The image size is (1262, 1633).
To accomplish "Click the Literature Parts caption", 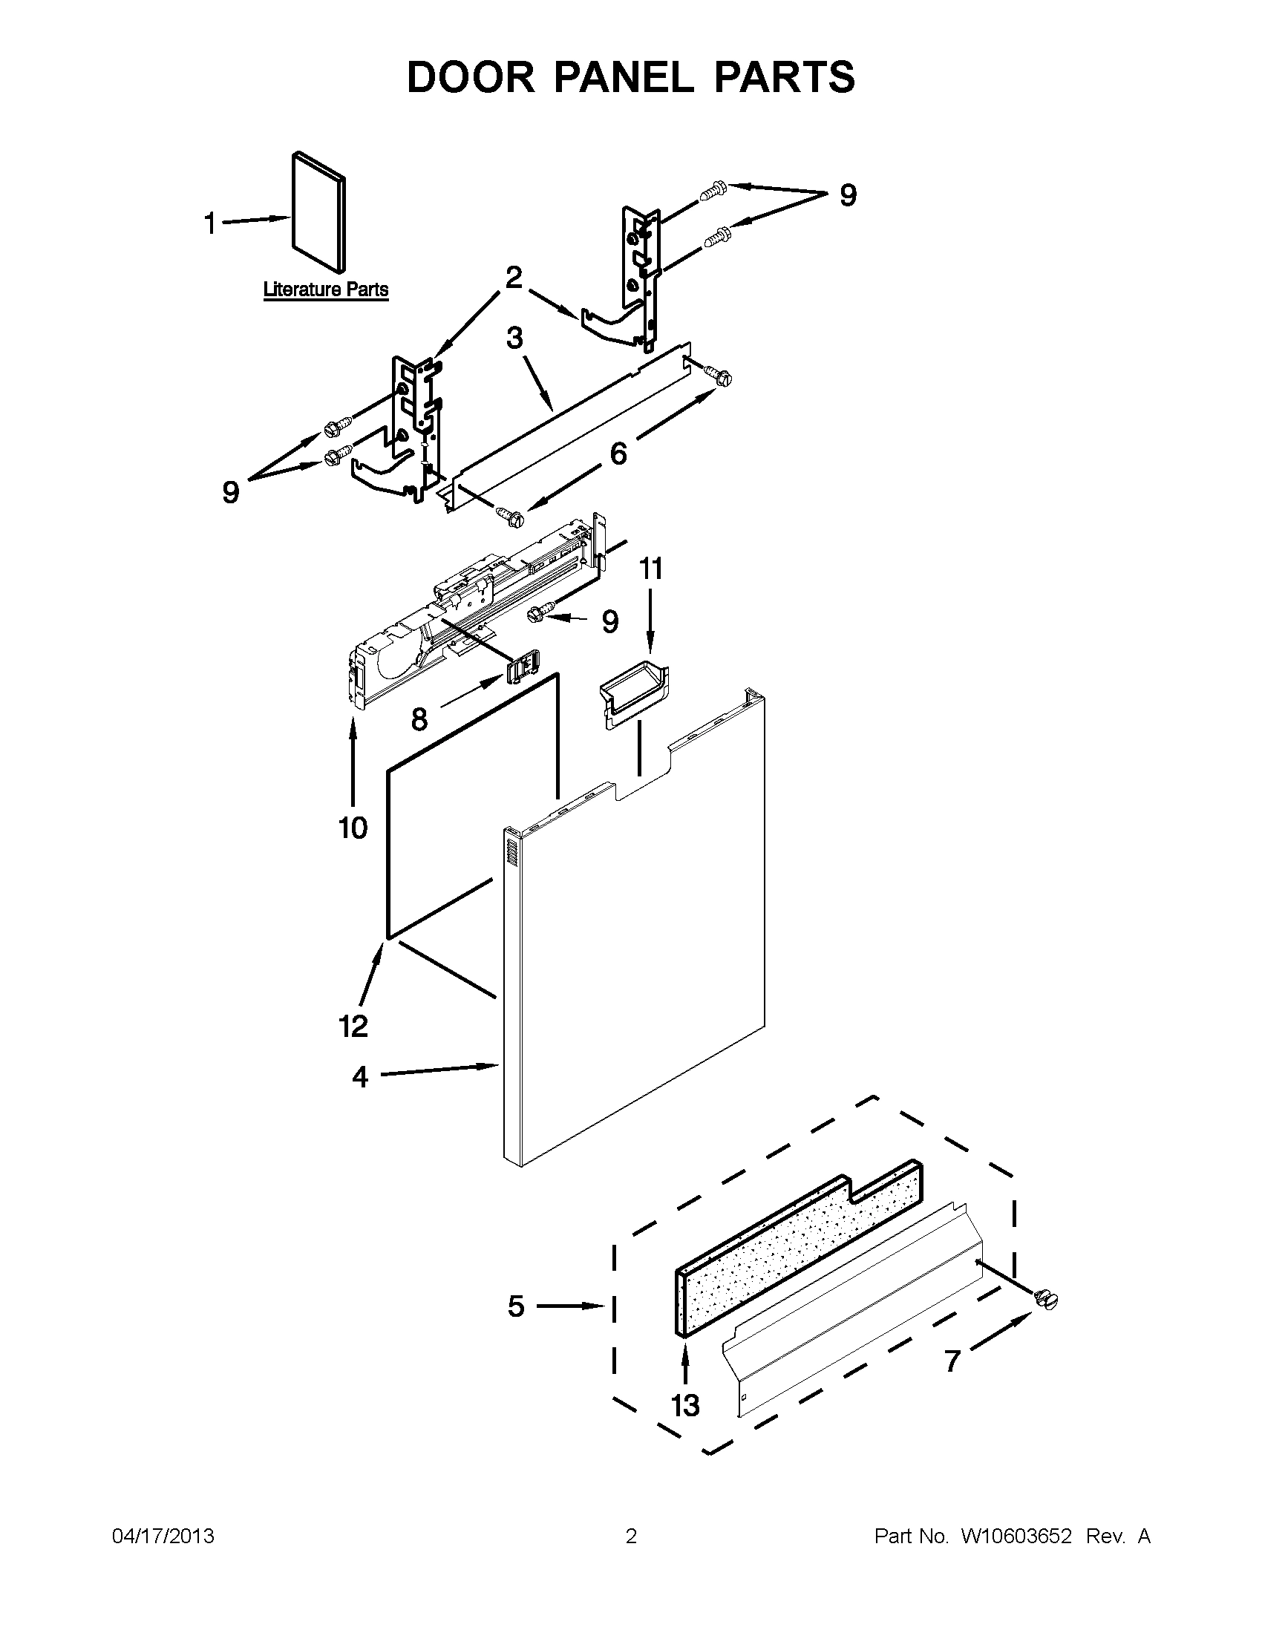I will pyautogui.click(x=325, y=289).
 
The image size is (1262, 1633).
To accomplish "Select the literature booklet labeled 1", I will pyautogui.click(x=318, y=211).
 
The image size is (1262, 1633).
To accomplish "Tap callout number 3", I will pyautogui.click(x=514, y=338).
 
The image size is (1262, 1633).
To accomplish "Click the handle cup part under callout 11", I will pyautogui.click(x=634, y=693).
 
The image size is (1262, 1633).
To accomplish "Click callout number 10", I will pyautogui.click(x=353, y=828).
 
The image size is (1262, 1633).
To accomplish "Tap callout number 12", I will pyautogui.click(x=353, y=1026).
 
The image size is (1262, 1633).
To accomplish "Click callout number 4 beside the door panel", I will pyautogui.click(x=360, y=1077).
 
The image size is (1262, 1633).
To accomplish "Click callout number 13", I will pyautogui.click(x=685, y=1405).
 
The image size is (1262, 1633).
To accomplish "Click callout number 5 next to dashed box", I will pyautogui.click(x=516, y=1306).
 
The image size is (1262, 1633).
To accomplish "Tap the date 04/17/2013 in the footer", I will pyautogui.click(x=163, y=1536).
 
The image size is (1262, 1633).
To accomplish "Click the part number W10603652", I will pyautogui.click(x=1016, y=1536).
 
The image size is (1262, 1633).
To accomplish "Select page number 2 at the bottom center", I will pyautogui.click(x=630, y=1536).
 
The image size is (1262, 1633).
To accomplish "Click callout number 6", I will pyautogui.click(x=618, y=454).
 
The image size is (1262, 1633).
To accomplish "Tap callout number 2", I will pyautogui.click(x=514, y=278).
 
